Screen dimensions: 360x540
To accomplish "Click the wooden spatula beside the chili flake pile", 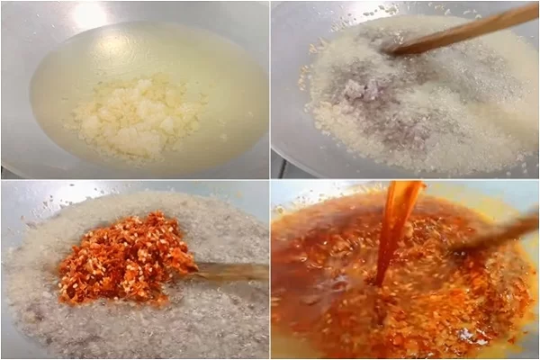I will pyautogui.click(x=229, y=271).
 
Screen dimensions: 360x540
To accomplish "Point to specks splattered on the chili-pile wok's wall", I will pyautogui.click(x=54, y=202).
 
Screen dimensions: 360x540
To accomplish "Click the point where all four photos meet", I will pyautogui.click(x=270, y=179).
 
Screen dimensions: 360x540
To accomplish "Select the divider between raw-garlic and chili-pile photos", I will pyautogui.click(x=135, y=179).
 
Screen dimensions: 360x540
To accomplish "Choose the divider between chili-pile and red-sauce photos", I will pyautogui.click(x=270, y=270).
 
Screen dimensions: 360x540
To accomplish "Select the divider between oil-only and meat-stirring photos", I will pyautogui.click(x=270, y=90).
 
